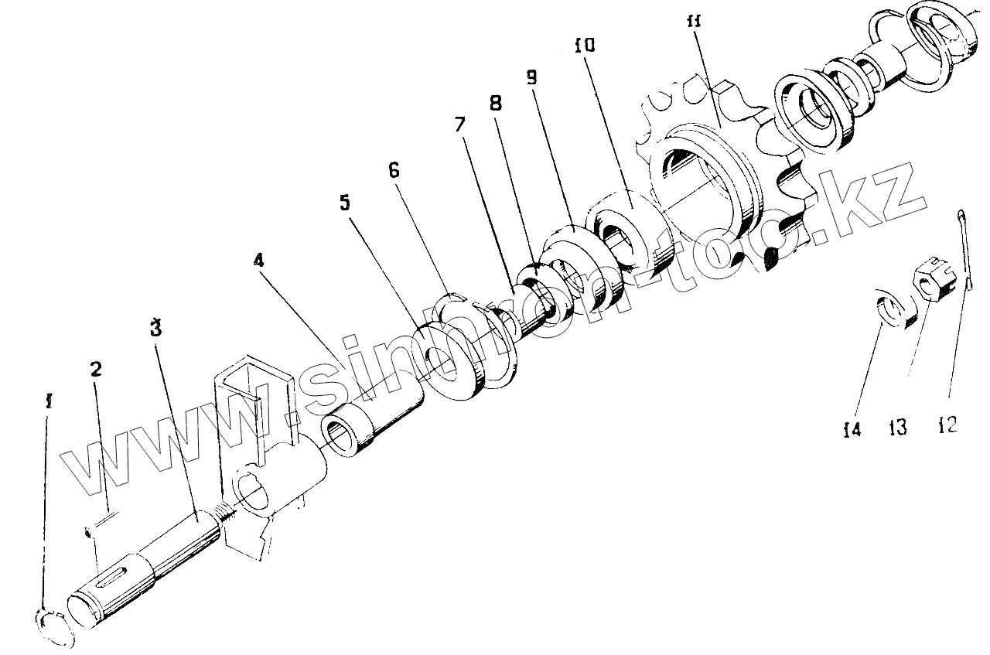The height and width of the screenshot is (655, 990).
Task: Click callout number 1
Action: pyautogui.click(x=49, y=402)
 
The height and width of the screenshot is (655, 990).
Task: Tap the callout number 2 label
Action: pyautogui.click(x=95, y=369)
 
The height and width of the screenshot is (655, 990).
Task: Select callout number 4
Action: pyautogui.click(x=258, y=260)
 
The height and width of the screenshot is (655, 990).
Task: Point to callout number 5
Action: pyautogui.click(x=344, y=203)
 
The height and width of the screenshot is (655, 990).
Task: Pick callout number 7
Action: pyautogui.click(x=460, y=125)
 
